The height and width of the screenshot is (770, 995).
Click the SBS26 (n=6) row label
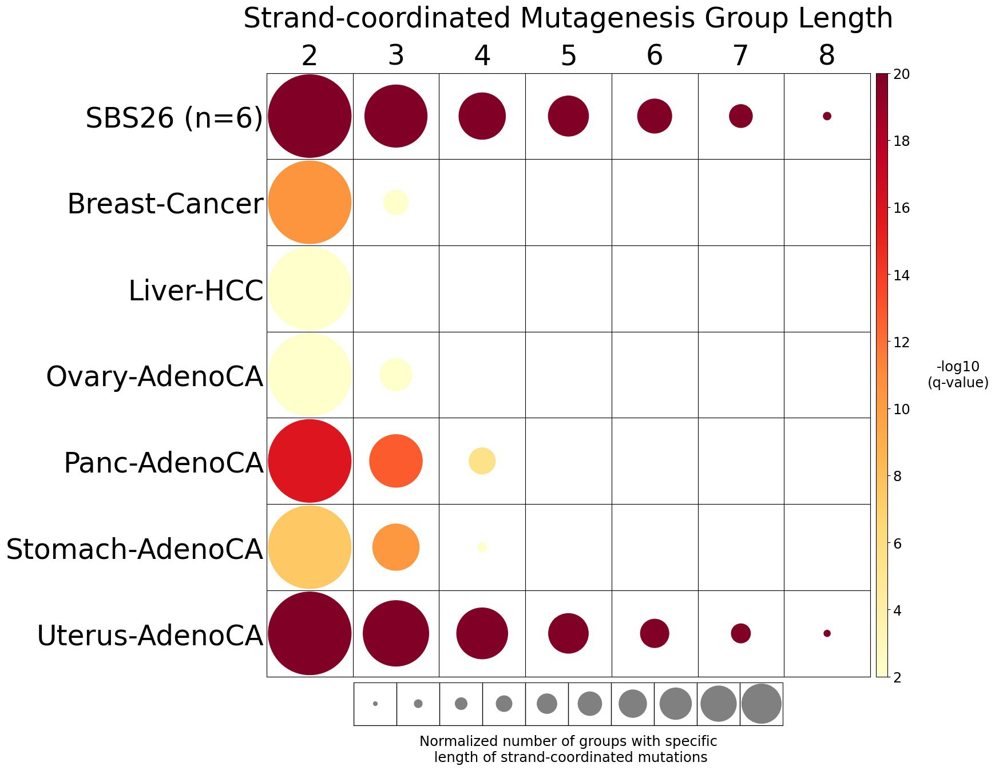pos(174,118)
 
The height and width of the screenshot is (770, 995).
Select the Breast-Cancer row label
pos(165,204)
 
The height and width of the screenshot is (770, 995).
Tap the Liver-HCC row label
pos(196,291)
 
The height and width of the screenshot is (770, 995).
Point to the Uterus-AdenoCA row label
pos(150,636)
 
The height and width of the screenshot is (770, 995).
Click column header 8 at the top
pos(827,56)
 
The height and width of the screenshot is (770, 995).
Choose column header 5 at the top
pos(568,56)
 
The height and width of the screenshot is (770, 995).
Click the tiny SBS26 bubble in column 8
pos(827,116)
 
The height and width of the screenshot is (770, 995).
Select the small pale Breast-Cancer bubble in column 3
pos(396,202)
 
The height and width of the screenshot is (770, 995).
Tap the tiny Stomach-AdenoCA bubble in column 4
pos(482,547)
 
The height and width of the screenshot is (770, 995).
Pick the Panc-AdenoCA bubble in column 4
pos(482,461)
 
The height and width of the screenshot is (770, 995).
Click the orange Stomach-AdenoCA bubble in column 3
pos(396,547)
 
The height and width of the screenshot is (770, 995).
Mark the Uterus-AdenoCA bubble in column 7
pos(741,633)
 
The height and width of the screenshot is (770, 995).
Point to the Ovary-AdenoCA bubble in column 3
pos(396,375)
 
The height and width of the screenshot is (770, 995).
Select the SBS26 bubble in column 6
pos(655,116)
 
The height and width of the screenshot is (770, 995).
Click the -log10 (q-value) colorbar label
pos(958,375)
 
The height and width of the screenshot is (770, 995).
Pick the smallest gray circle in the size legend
pos(375,704)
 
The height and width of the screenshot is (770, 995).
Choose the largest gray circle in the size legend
pos(762,704)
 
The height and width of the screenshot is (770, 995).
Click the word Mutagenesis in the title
pos(608,18)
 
